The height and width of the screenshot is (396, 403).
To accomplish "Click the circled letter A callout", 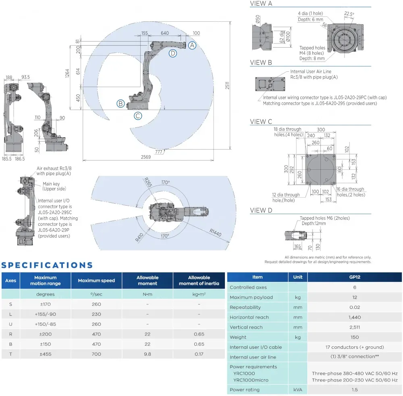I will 192,45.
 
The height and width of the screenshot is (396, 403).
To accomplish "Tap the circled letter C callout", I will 138,116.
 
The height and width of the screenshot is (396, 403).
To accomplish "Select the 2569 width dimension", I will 146,157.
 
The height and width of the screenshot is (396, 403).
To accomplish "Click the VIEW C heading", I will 261,121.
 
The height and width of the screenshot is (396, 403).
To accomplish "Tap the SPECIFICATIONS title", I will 47,265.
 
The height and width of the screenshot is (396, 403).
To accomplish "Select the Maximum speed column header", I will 96,280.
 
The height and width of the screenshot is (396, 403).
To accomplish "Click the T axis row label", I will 10,354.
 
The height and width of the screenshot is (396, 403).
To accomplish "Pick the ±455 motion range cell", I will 45,354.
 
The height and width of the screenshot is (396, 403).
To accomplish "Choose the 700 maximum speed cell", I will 96,354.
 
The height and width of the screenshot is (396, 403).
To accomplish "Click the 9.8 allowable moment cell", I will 147,354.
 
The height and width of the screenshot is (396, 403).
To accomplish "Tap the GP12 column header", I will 354,277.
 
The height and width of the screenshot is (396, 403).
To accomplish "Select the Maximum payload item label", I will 251,297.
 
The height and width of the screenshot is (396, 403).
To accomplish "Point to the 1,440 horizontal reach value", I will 354,317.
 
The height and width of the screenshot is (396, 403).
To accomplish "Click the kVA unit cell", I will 298,390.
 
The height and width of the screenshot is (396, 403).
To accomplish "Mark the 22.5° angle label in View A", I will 349,14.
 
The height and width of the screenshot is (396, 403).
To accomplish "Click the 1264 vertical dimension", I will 67,73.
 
